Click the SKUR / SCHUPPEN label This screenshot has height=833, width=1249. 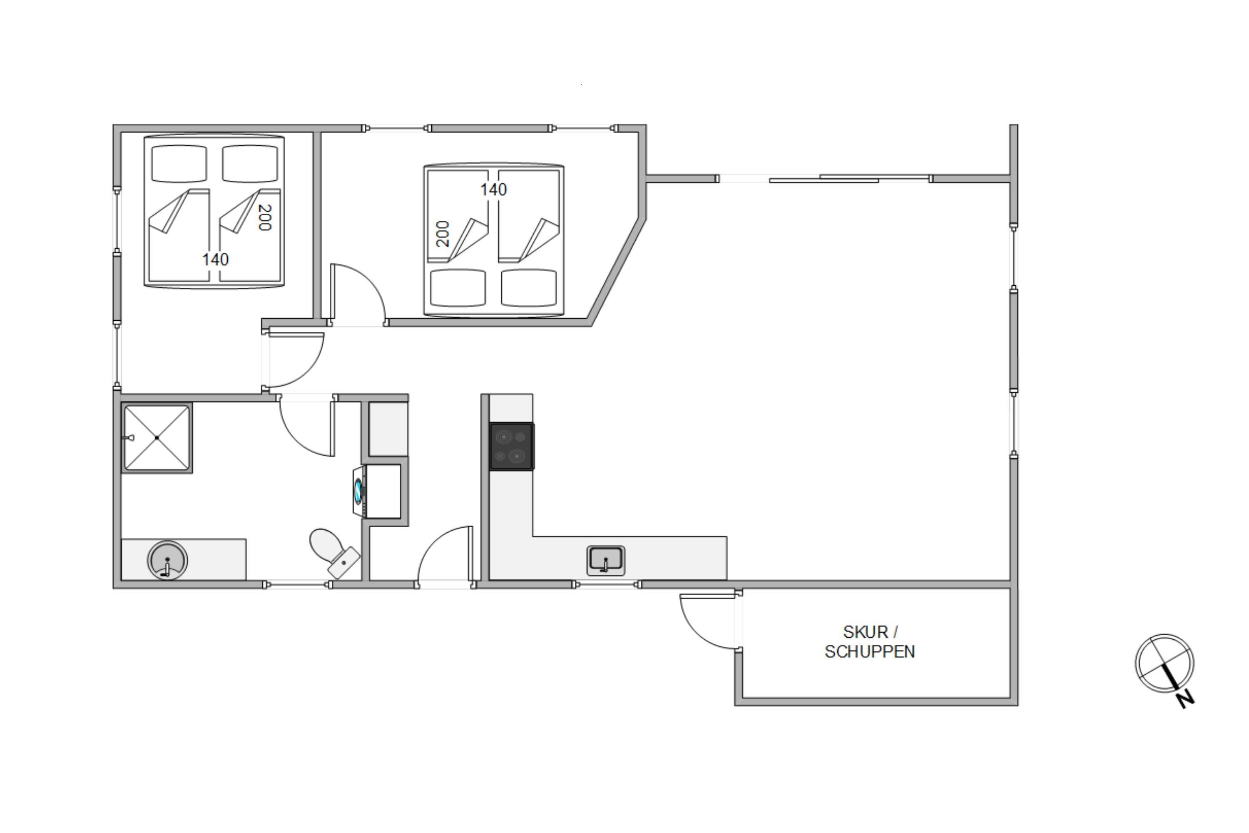pyautogui.click(x=870, y=642)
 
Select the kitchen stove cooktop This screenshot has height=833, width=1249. pyautogui.click(x=512, y=446)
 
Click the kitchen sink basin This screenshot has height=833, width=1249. pyautogui.click(x=606, y=561)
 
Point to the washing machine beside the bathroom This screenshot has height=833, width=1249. pyautogui.click(x=377, y=491)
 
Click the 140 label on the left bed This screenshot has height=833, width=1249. pyautogui.click(x=215, y=259)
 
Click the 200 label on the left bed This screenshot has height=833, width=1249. pyautogui.click(x=264, y=218)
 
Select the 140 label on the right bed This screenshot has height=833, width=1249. pyautogui.click(x=493, y=190)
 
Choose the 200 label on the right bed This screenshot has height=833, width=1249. pyautogui.click(x=442, y=234)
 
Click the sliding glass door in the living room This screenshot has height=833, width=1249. pyautogui.click(x=823, y=179)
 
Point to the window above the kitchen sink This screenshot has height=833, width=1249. pyautogui.click(x=607, y=585)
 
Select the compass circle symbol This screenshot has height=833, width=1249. pyautogui.click(x=1164, y=663)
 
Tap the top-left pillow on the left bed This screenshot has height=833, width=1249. pyautogui.click(x=179, y=164)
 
